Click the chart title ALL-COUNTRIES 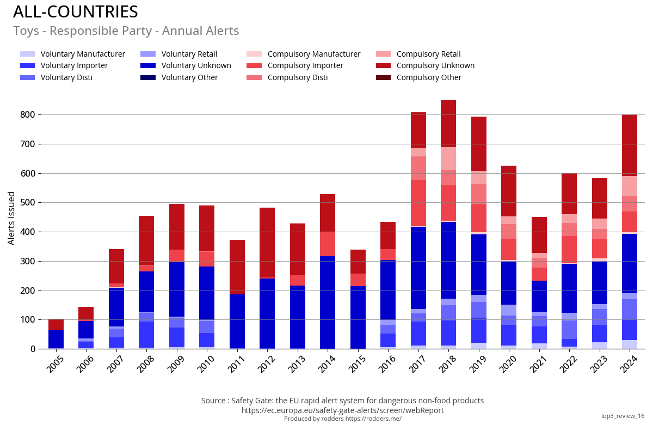[76, 12]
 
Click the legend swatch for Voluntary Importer [27, 65]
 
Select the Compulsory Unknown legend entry [435, 65]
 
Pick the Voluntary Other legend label [189, 77]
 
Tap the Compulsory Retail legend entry [428, 54]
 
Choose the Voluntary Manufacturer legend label [83, 54]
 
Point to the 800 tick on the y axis [28, 115]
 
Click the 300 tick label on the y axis [28, 262]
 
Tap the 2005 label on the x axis [56, 364]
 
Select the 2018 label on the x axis [447, 364]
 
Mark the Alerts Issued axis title [11, 218]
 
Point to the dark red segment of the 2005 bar [56, 325]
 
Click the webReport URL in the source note [342, 410]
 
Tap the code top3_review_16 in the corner [623, 416]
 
